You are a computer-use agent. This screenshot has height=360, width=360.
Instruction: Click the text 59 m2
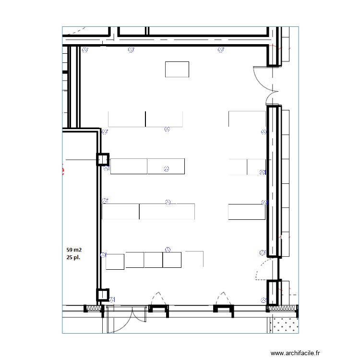point(74,250)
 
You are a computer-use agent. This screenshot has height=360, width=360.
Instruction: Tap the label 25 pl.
point(74,258)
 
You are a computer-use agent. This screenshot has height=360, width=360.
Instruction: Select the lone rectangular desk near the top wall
point(177,69)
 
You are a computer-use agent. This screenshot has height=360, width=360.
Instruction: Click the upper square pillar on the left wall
point(103,159)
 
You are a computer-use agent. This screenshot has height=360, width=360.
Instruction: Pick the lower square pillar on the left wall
point(103,295)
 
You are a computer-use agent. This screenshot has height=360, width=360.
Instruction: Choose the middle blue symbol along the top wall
point(131,49)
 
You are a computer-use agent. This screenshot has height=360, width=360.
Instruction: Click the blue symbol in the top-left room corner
point(85,49)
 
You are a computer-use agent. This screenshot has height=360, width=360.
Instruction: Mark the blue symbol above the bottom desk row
point(168,249)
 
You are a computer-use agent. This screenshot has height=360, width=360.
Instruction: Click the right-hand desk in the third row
point(246,212)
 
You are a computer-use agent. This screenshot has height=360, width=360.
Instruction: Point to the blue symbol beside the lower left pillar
point(112,300)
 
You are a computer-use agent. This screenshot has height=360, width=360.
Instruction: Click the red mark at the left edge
point(63,169)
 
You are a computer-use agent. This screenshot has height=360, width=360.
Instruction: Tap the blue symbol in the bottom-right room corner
point(263,300)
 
